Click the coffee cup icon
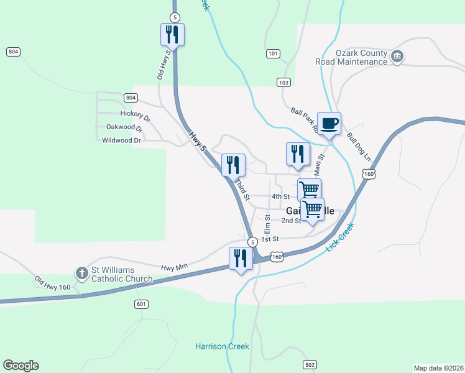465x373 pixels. (x=329, y=122)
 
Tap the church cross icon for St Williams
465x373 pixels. (x=81, y=272)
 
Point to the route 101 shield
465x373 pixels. (x=273, y=54)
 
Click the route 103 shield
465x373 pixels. (x=284, y=83)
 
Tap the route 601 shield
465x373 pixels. (x=141, y=304)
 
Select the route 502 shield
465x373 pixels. (x=310, y=364)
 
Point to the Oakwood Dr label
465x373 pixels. (x=124, y=127)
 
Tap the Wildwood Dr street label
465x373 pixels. (x=121, y=140)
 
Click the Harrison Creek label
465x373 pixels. (x=222, y=346)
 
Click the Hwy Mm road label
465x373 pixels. (x=174, y=267)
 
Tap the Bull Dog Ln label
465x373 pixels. (x=358, y=146)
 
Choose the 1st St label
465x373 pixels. (x=270, y=239)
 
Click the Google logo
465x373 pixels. (x=21, y=366)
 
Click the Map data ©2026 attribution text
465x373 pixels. (x=438, y=368)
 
